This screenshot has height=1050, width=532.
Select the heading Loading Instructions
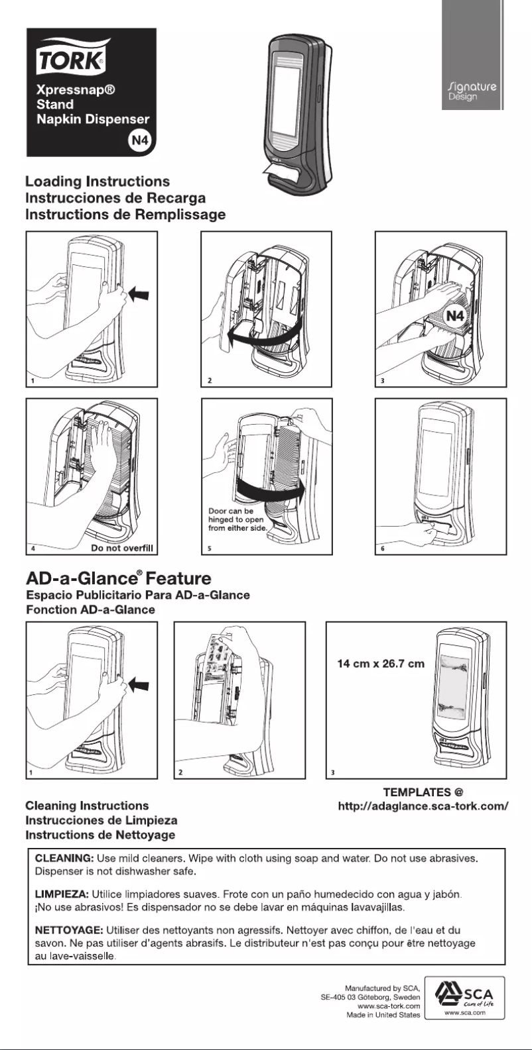pyautogui.click(x=98, y=182)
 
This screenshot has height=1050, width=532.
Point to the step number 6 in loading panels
pyautogui.click(x=382, y=549)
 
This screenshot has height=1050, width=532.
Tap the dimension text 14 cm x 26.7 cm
pyautogui.click(x=381, y=664)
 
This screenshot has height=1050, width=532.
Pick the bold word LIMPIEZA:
pyautogui.click(x=61, y=895)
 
